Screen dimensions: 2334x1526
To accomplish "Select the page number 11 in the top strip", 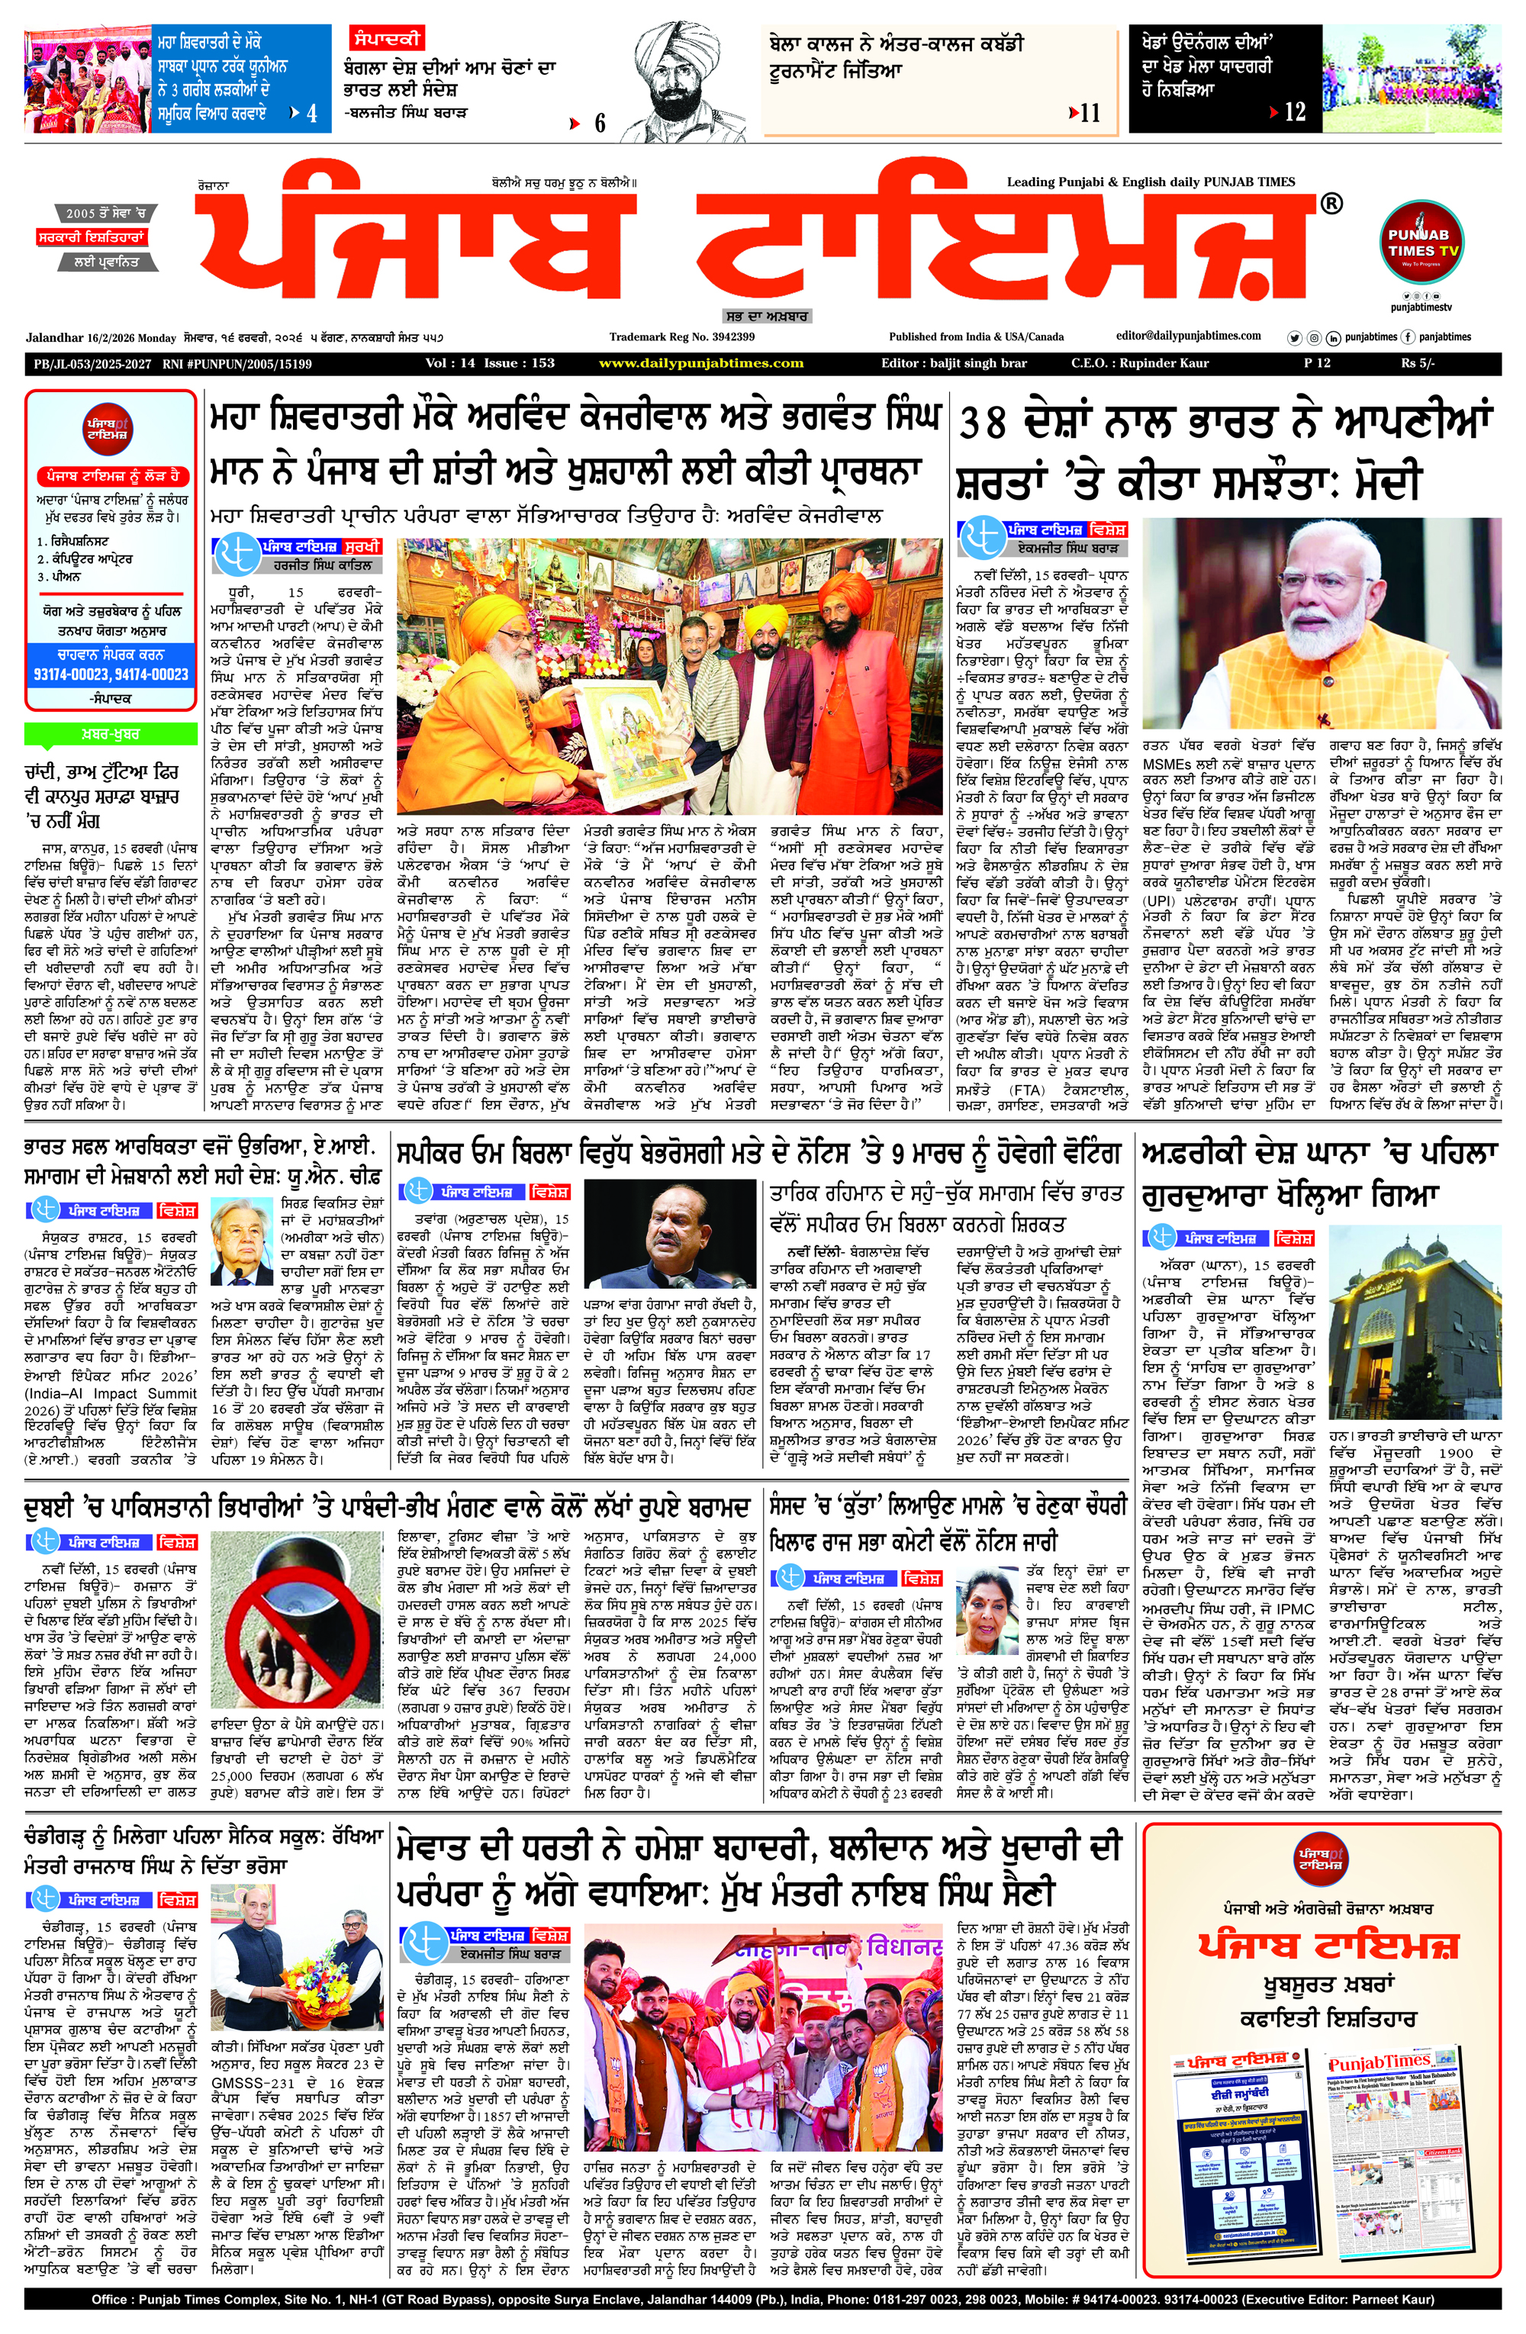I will click(x=1090, y=114).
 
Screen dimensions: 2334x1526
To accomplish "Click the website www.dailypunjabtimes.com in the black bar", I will click(x=700, y=364).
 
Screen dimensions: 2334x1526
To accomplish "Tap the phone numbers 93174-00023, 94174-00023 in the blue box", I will click(x=111, y=674).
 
